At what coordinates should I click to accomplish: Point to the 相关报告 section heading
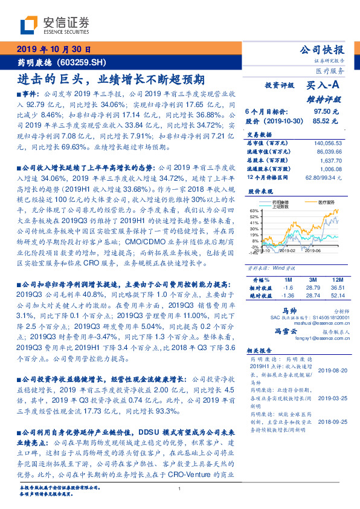pos(260,350)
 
